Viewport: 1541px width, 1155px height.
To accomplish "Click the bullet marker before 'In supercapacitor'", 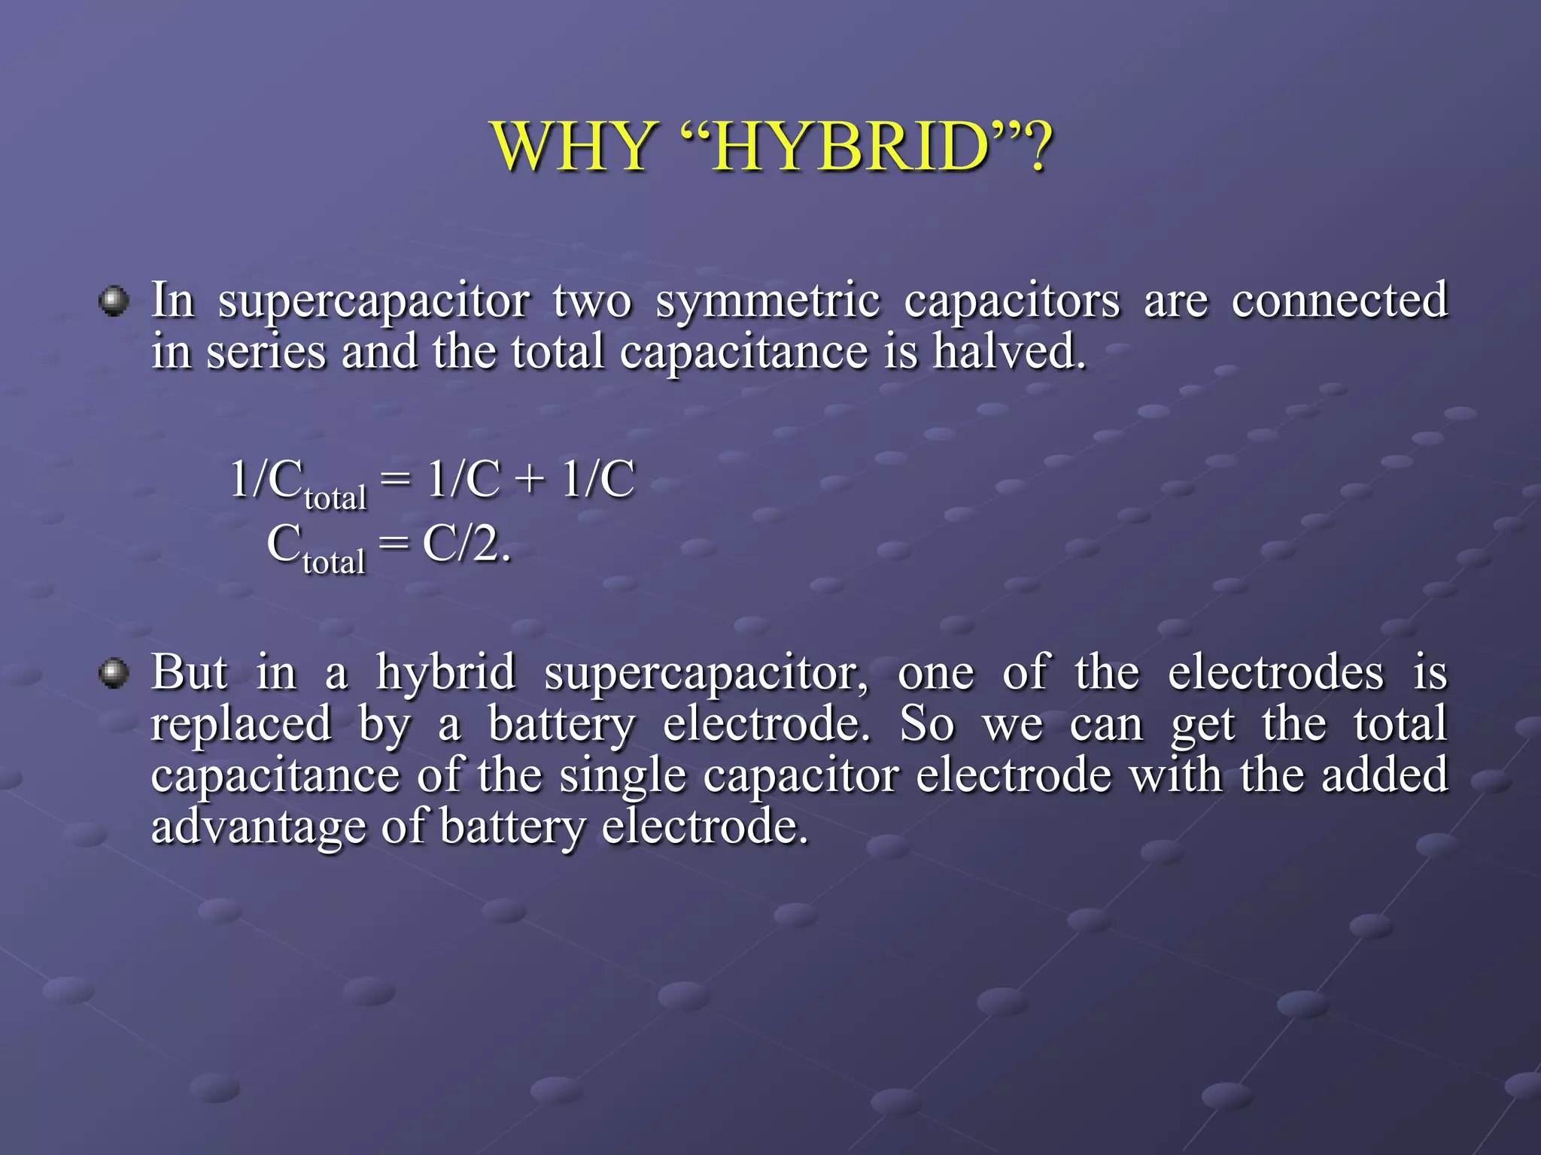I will pos(114,302).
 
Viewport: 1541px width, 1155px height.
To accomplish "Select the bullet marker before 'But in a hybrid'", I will pos(114,672).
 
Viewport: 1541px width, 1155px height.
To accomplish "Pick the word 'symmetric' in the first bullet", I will pos(767,301).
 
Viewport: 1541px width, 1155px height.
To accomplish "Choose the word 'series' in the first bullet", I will pos(266,353).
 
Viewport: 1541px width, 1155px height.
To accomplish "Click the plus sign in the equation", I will pos(531,480).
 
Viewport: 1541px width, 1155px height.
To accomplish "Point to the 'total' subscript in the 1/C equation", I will pos(336,498).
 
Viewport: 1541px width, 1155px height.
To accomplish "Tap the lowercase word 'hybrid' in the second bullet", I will pos(446,673).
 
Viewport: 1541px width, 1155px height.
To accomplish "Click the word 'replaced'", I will pos(241,724).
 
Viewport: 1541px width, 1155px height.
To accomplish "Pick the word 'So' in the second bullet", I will pos(927,724).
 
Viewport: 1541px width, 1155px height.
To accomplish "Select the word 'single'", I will pos(622,777).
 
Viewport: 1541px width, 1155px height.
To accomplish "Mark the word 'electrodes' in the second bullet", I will pos(1275,671).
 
